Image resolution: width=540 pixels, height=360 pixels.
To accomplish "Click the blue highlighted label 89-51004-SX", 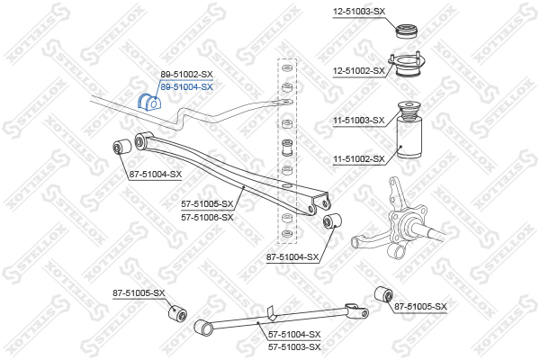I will pos(187,87).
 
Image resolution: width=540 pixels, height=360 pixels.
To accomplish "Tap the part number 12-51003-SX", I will pos(359,11).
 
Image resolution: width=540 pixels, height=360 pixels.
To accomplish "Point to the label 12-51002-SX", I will pos(359,69).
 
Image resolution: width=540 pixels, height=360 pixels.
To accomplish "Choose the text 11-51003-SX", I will pos(359,120).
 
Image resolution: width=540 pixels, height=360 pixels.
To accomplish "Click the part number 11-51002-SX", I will pos(359,159).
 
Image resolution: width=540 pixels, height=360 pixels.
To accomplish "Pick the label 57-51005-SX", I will pos(207,204).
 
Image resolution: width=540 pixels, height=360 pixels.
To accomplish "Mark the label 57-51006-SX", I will pos(207,217).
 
